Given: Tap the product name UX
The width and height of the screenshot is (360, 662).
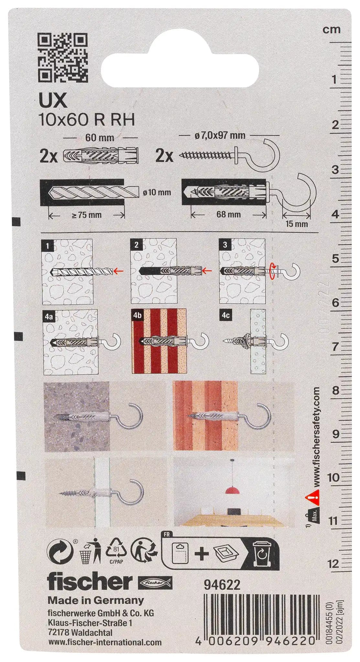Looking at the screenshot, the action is (x=49, y=101).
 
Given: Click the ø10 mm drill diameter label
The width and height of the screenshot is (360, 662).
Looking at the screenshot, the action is (x=157, y=192).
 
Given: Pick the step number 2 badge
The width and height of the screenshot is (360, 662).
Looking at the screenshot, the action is (x=136, y=244).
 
